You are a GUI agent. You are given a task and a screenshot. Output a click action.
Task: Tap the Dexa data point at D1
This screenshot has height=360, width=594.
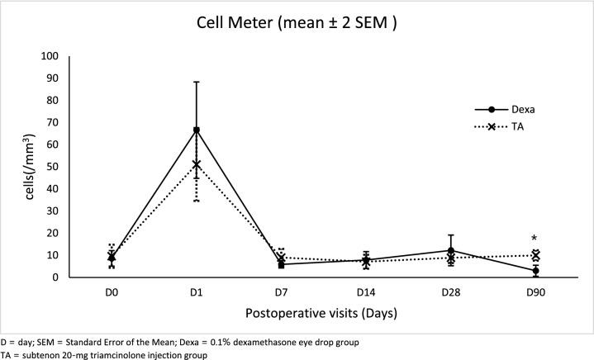197,130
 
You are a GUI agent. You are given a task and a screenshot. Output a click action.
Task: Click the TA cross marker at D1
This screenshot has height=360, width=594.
197,164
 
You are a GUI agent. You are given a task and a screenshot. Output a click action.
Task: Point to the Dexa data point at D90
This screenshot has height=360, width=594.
535,271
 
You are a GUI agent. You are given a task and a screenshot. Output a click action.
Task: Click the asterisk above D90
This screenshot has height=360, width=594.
535,239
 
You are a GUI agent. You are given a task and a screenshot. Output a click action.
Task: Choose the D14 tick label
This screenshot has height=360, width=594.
366,291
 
